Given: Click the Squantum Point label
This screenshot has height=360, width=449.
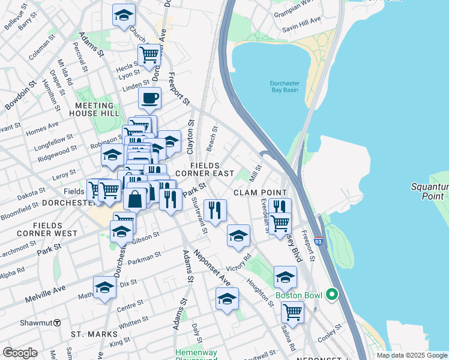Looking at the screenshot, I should click(x=430, y=191).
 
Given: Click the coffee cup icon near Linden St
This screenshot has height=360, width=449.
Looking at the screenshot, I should click(x=149, y=98).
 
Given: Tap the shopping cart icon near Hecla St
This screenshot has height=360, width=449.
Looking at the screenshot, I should click(x=149, y=55).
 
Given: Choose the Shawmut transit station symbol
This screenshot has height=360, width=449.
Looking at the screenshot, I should click(x=57, y=322).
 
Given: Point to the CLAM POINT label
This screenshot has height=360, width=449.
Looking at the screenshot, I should click(x=260, y=192).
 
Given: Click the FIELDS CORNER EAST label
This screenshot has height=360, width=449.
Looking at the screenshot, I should click(x=212, y=169).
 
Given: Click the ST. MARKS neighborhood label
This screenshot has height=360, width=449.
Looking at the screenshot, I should click(x=89, y=333).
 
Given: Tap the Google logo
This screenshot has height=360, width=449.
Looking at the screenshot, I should click(x=20, y=352).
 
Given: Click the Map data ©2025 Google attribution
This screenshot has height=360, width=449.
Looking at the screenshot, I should click(x=412, y=355).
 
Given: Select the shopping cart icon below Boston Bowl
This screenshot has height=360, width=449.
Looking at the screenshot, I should click(x=292, y=311).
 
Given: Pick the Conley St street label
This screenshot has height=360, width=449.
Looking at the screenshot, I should click(x=330, y=332).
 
